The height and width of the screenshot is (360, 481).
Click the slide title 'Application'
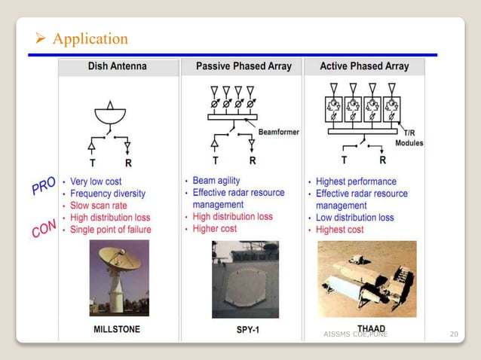pyautogui.click(x=90, y=38)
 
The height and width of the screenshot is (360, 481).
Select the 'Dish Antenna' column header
pyautogui.click(x=119, y=66)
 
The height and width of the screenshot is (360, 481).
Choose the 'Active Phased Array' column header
pyautogui.click(x=364, y=66)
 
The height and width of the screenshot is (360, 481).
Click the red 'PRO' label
pyautogui.click(x=43, y=186)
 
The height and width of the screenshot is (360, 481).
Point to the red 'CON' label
pyautogui.click(x=43, y=224)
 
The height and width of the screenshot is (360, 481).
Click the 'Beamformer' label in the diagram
pyautogui.click(x=278, y=132)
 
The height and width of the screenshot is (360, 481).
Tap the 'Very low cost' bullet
pyautogui.click(x=96, y=182)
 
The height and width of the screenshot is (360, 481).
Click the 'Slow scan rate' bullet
pyautogui.click(x=100, y=206)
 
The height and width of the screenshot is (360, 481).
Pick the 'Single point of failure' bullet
pyautogui.click(x=110, y=230)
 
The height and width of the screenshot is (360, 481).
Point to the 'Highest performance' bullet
pyautogui.click(x=356, y=182)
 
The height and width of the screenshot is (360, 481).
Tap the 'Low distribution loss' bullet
pyautogui.click(x=359, y=218)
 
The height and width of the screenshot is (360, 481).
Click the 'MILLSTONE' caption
pyautogui.click(x=116, y=329)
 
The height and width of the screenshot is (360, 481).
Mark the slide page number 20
pyautogui.click(x=453, y=334)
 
